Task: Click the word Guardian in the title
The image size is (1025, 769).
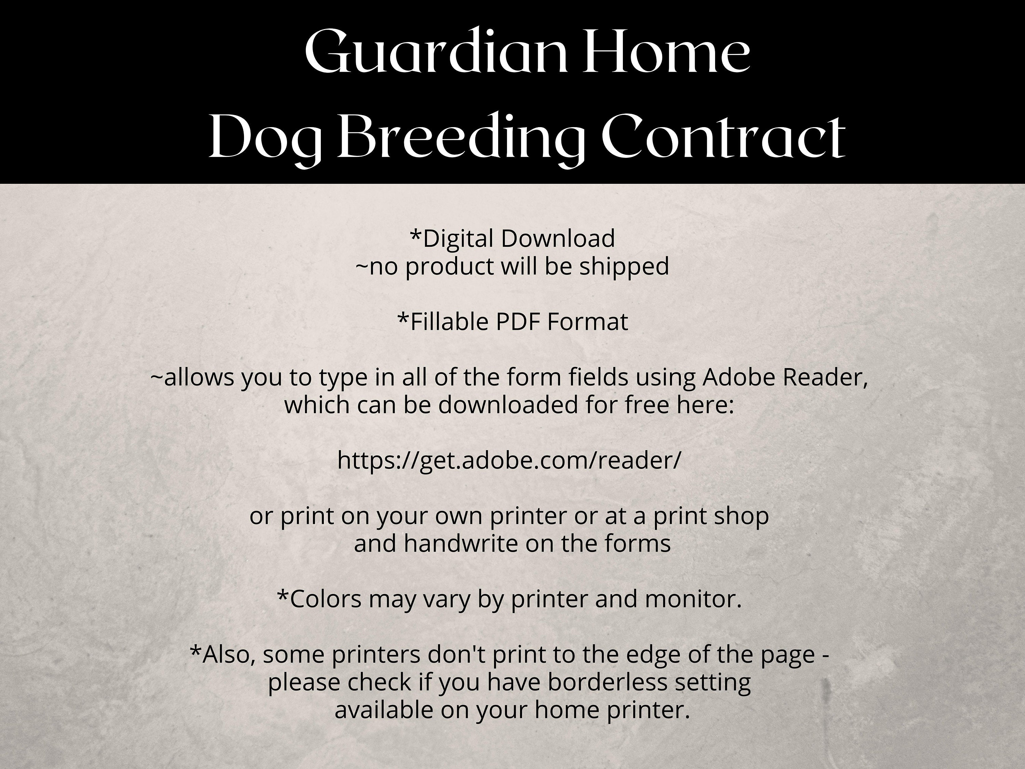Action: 436,52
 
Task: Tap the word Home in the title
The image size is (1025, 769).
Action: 666,52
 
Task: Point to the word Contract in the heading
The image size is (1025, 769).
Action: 723,138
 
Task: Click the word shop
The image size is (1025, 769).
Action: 741,515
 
